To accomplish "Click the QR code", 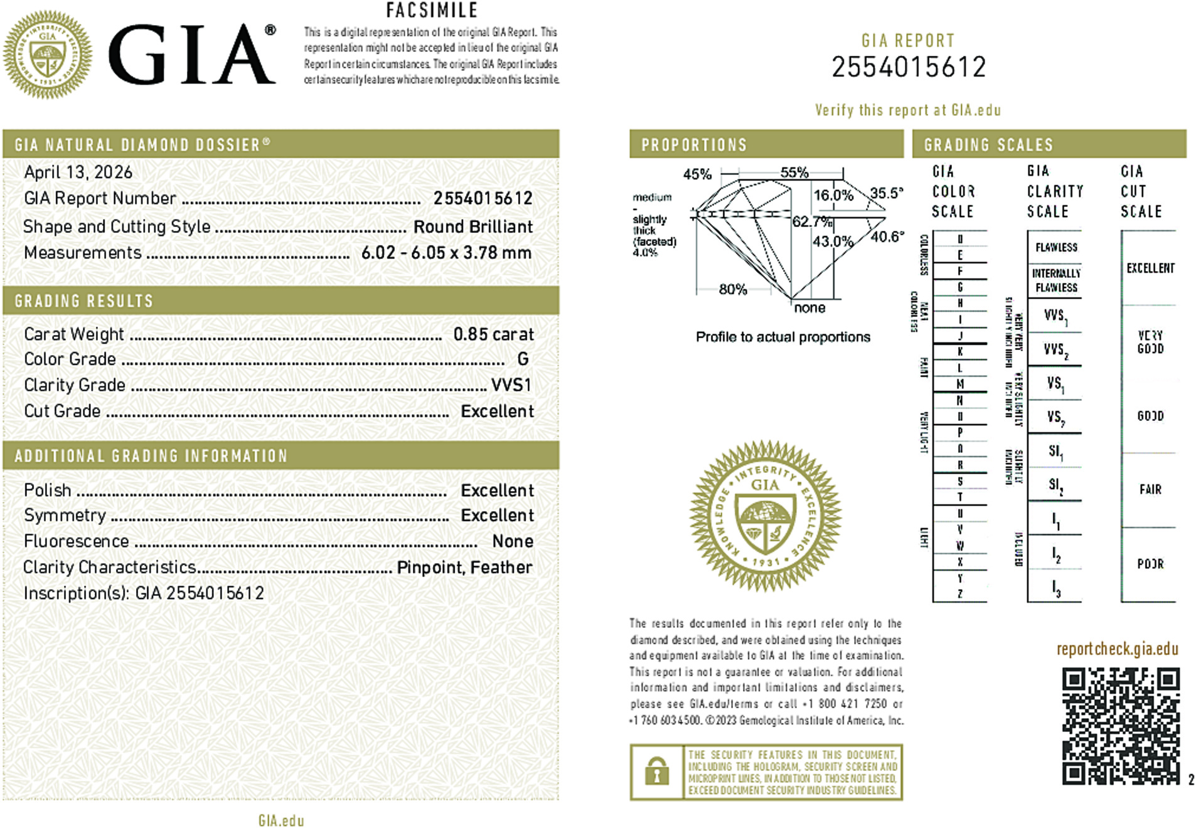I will click(1120, 726).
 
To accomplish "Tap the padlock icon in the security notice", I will click(656, 772).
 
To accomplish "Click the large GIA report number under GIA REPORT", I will click(909, 67).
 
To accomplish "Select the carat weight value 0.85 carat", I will click(494, 334).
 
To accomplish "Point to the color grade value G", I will click(523, 359).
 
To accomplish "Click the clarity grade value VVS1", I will click(511, 385).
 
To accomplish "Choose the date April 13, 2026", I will click(78, 172).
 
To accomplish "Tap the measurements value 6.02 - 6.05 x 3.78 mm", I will click(446, 253).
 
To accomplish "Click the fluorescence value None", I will click(513, 541).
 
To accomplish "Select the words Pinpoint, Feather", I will click(464, 568).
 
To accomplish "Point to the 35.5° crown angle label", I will click(887, 193).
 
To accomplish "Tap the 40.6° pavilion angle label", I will click(887, 236).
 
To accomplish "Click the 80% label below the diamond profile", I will click(733, 290).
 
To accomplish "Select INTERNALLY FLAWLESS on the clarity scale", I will click(1056, 280).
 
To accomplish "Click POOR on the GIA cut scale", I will click(1150, 564).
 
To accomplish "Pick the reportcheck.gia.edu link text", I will click(1117, 649).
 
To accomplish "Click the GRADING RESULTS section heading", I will click(84, 301).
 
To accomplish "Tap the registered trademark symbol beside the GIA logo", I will click(270, 30).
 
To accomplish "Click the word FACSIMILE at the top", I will click(432, 11).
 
